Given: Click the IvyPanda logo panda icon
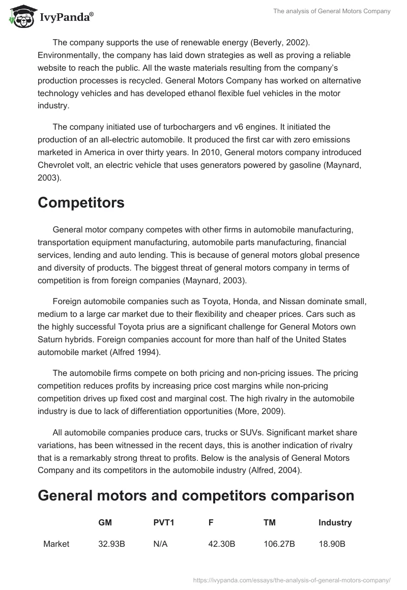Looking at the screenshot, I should click(x=20, y=16).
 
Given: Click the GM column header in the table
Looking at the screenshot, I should click(x=105, y=522).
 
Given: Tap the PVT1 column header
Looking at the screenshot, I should click(x=163, y=522).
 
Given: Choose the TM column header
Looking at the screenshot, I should click(x=270, y=522).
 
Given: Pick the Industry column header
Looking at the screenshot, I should click(x=335, y=522).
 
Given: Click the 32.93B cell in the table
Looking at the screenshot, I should click(x=111, y=544).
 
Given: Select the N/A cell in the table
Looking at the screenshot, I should click(x=160, y=544).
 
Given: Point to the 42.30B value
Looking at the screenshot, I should click(x=221, y=544).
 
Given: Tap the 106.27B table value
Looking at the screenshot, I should click(x=279, y=544).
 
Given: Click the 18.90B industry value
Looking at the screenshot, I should click(x=332, y=544).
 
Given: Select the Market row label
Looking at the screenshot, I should click(x=56, y=544).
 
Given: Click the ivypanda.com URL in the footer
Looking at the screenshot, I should click(x=292, y=579).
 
